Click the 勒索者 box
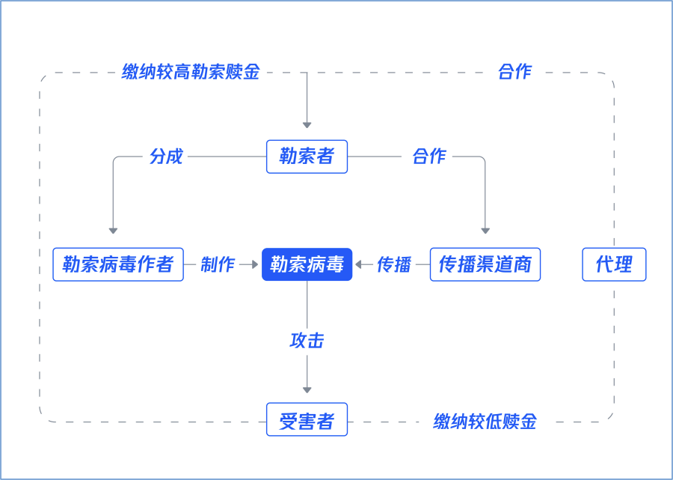[307, 157]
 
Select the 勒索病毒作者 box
[118, 264]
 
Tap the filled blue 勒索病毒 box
[307, 264]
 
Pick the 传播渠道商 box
[485, 264]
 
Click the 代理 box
[614, 264]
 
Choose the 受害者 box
[307, 419]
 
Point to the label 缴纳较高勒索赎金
[191, 72]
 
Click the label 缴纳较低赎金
[485, 422]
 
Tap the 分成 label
[166, 157]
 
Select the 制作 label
[218, 264]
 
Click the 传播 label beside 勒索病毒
[394, 264]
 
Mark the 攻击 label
[307, 341]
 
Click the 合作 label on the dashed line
[514, 72]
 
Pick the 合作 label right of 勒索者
[429, 157]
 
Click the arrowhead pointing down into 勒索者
[307, 125]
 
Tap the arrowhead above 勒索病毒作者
[113, 231]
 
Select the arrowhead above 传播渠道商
[485, 231]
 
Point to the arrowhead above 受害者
[307, 390]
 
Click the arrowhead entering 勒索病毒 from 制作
[255, 264]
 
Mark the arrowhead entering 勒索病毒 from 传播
[358, 264]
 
